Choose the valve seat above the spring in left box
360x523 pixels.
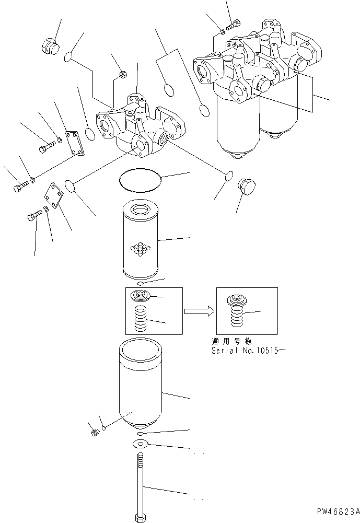tap(139, 296)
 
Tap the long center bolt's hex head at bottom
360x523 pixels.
tap(140, 518)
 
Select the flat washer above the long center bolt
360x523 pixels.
tap(140, 444)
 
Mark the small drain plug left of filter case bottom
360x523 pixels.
tap(95, 433)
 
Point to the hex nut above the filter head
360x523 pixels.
tap(123, 74)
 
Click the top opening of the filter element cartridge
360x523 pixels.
tap(140, 211)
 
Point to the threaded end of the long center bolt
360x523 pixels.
tap(140, 462)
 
